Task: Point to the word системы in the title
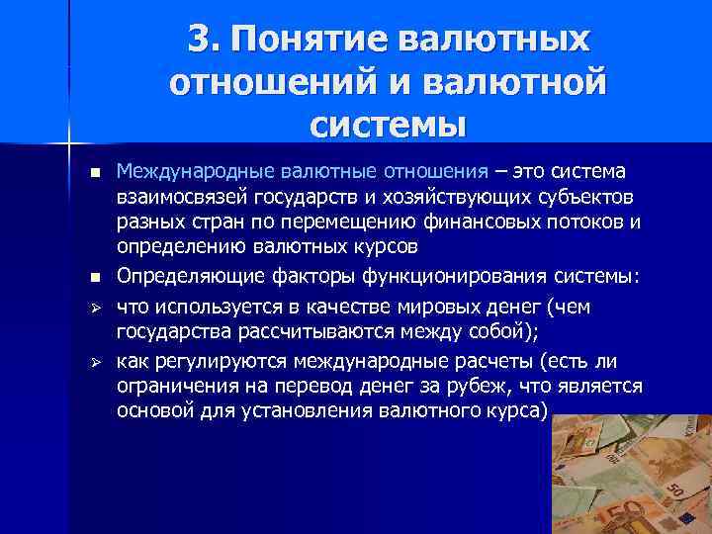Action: coord(387,126)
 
